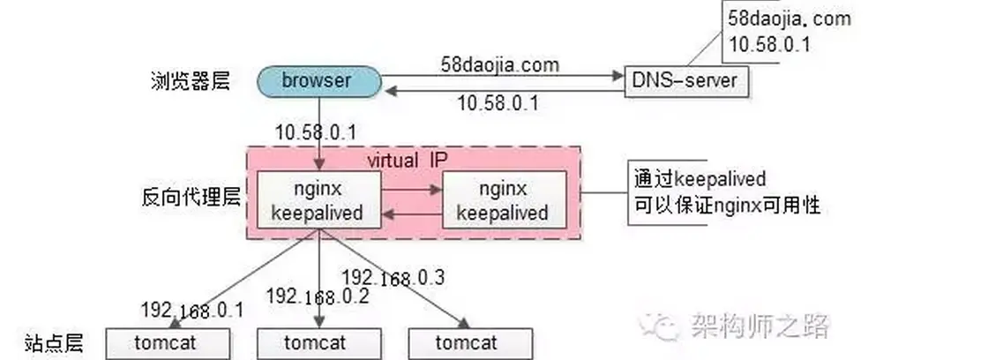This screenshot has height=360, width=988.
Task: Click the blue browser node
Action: click(x=318, y=82)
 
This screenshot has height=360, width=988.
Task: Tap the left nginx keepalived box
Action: click(x=318, y=200)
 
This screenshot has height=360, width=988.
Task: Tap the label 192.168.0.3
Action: click(x=392, y=277)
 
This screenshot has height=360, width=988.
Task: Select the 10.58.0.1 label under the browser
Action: click(x=315, y=132)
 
